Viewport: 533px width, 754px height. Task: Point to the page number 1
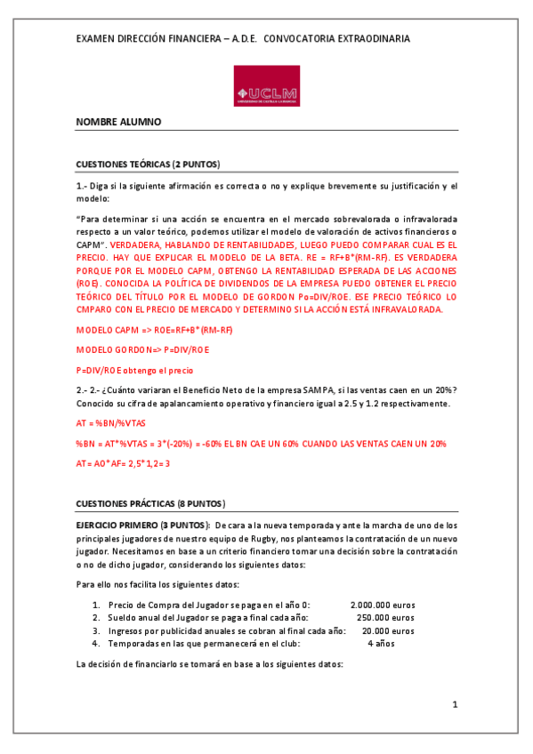pyautogui.click(x=454, y=705)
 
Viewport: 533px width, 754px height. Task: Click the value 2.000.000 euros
pyautogui.click(x=383, y=605)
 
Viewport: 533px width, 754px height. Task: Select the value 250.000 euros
pyautogui.click(x=385, y=617)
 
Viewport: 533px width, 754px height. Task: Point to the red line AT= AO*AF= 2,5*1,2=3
pyautogui.click(x=123, y=463)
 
